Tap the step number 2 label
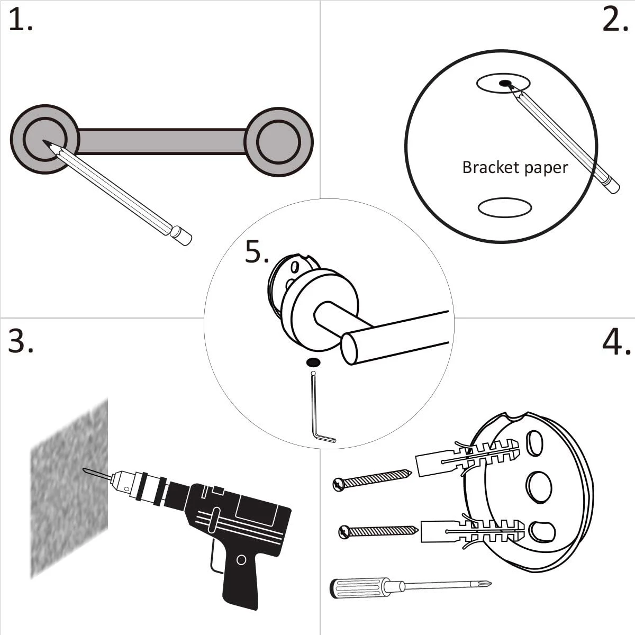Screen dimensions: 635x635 pos(614,21)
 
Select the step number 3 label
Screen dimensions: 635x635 pos(20,341)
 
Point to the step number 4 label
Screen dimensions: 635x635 pos(616,342)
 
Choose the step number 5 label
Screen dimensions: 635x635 pos(257,252)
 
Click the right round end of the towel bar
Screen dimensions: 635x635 pos(279,142)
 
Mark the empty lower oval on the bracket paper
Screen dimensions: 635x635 pos(504,208)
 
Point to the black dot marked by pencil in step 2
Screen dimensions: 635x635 pos(505,83)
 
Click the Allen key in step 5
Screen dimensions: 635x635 pos(318,418)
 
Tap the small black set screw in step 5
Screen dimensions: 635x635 pos(313,362)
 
